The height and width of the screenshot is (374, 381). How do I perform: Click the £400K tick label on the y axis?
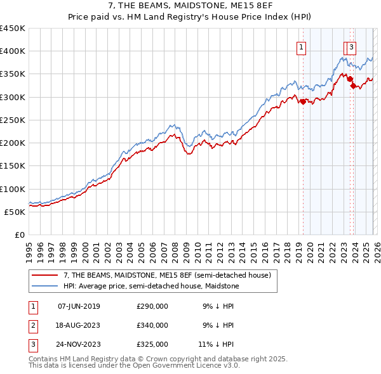12,51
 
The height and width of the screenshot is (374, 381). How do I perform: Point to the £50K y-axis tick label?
15,212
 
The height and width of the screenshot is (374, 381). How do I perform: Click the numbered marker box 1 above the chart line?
300,46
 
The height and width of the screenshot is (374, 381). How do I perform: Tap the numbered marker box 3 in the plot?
352,46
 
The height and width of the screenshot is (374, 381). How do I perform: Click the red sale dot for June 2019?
303,101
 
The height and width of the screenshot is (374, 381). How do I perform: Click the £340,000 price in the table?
152,325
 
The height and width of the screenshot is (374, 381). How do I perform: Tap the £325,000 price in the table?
152,344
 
